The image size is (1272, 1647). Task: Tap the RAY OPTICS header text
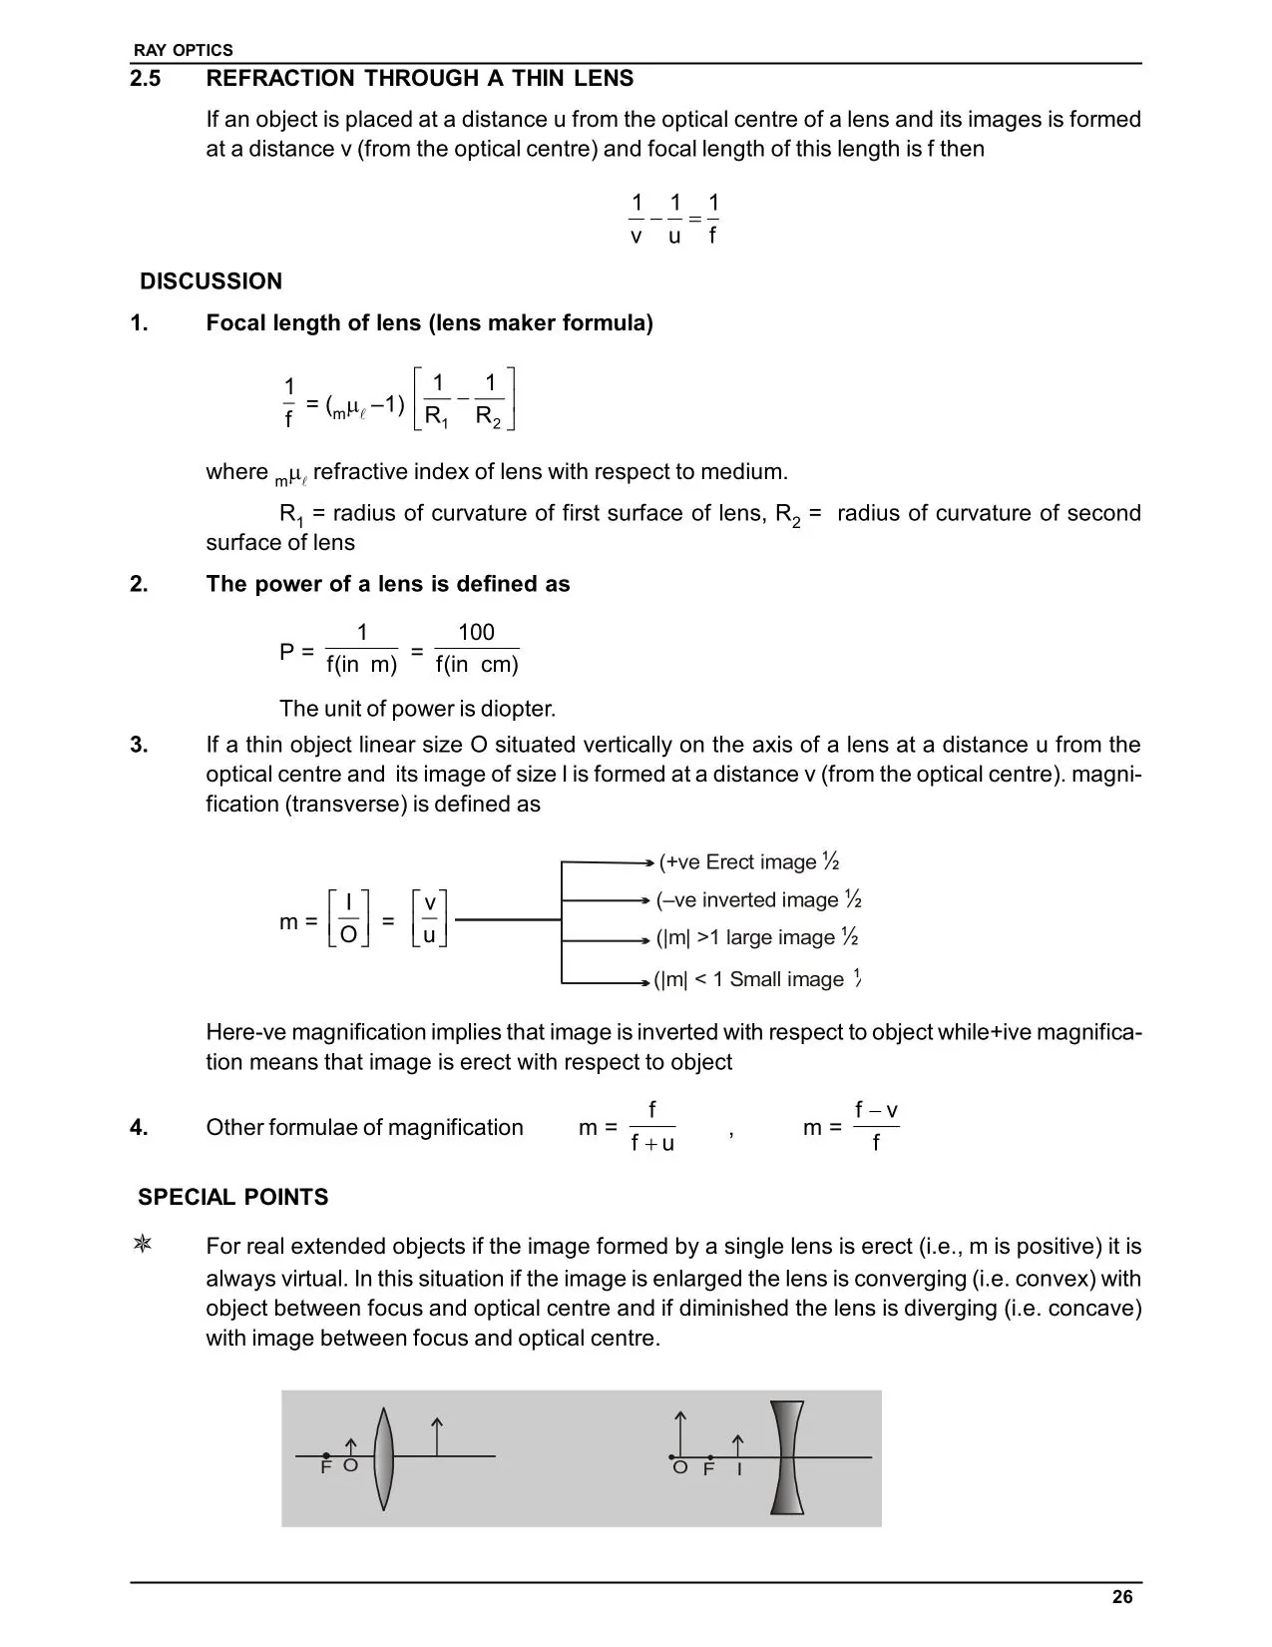[x=183, y=50]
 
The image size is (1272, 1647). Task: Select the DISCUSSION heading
[x=211, y=281]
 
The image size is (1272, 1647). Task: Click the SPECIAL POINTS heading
[x=232, y=1197]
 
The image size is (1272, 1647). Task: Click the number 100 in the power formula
[x=476, y=633]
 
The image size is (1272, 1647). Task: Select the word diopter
[x=514, y=709]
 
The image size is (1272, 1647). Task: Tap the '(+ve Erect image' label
[x=738, y=862]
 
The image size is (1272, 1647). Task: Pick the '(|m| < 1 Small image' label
[x=749, y=979]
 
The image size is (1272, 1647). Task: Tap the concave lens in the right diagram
[x=786, y=1458]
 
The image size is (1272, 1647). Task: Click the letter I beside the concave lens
[x=739, y=1470]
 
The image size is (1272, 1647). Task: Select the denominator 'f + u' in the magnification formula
[x=652, y=1144]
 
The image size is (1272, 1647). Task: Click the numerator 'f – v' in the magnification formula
[x=876, y=1111]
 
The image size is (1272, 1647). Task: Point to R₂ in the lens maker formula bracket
[x=489, y=416]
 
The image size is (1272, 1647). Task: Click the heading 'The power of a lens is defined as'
[x=387, y=585]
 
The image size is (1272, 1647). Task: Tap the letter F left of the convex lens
[x=325, y=1468]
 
